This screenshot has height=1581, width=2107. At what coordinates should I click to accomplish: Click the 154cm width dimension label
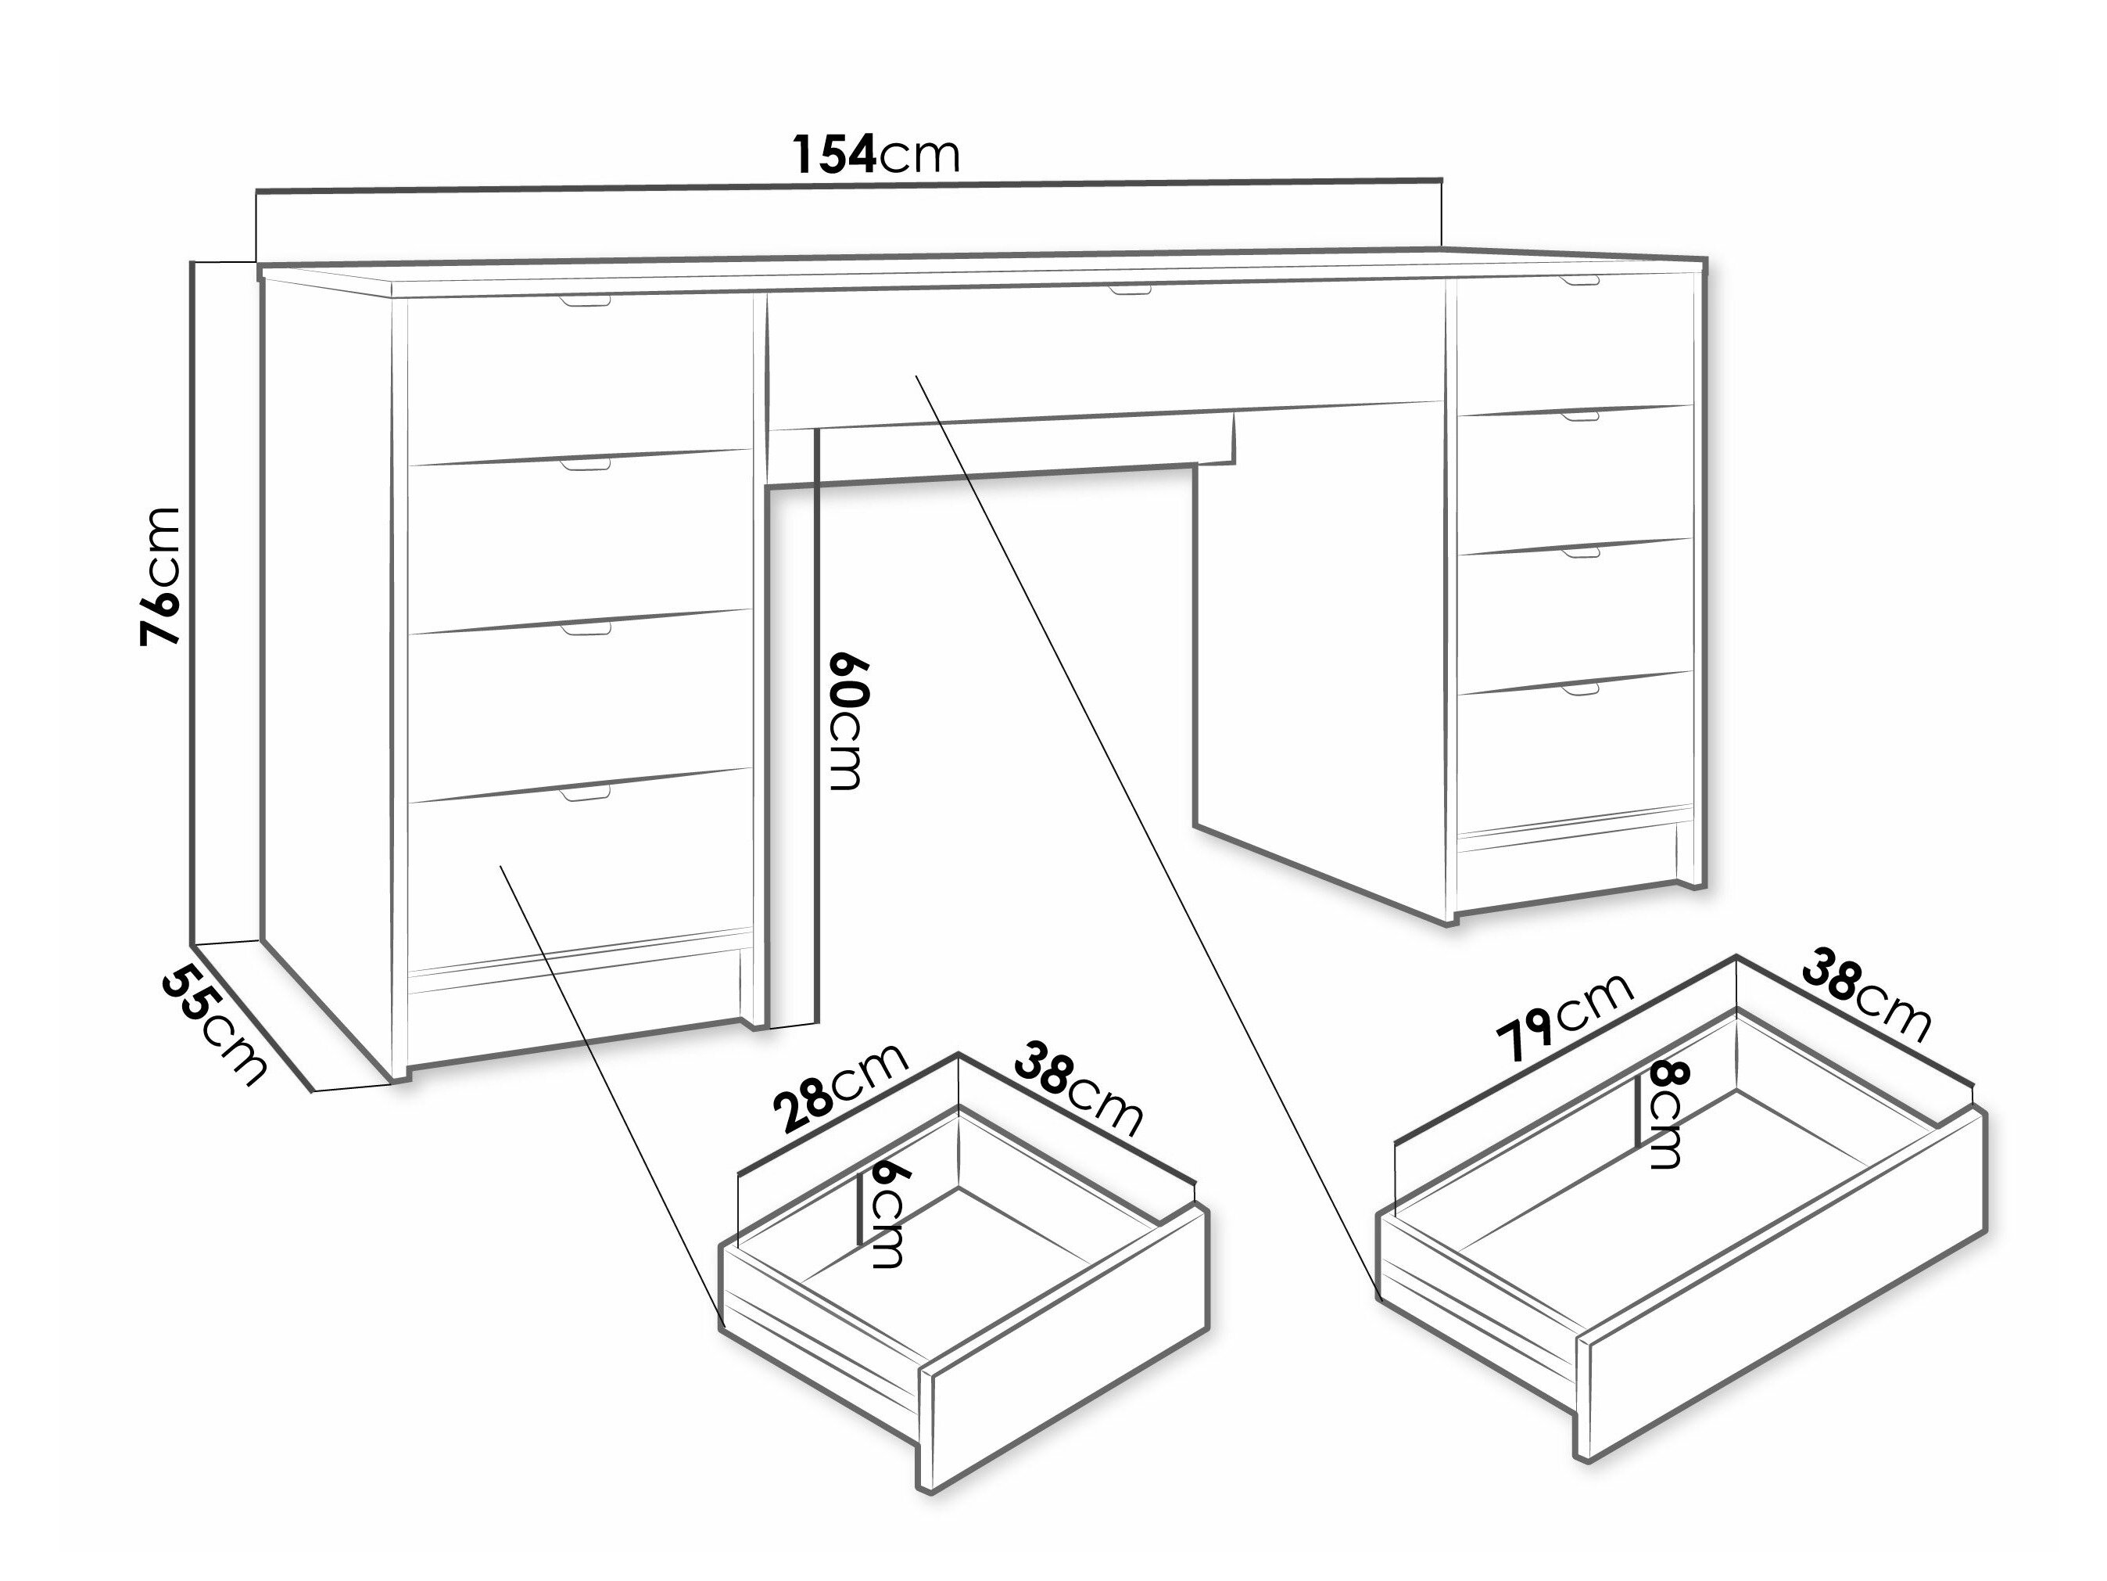[x=876, y=154]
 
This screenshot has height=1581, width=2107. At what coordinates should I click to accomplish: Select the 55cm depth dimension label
[x=213, y=1025]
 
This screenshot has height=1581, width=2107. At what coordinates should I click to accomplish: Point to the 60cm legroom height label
[x=847, y=721]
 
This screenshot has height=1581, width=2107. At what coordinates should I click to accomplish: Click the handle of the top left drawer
[x=585, y=301]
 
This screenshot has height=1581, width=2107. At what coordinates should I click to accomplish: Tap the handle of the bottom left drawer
[x=585, y=793]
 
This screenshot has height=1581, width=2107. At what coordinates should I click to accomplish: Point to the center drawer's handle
[x=1130, y=289]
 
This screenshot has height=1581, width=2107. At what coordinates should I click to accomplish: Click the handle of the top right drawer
[x=1579, y=281]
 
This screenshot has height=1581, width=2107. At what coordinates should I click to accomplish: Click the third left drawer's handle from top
[x=585, y=629]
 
